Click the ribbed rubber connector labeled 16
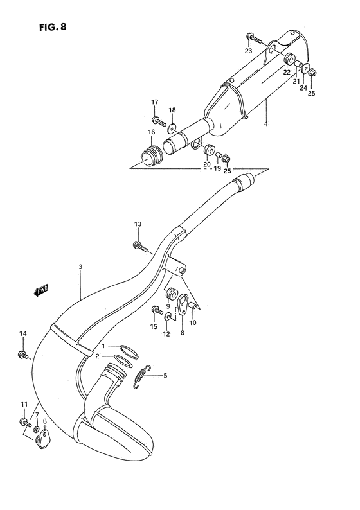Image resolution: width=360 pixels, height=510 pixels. [150, 156]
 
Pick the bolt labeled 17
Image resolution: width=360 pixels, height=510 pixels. [157, 119]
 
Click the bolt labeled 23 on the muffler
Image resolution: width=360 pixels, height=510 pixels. [255, 40]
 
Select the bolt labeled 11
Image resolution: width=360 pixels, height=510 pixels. [25, 423]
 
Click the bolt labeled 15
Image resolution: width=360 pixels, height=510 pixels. [155, 310]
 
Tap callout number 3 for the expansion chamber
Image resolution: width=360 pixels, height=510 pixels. [80, 267]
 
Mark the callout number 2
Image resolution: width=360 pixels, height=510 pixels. [97, 356]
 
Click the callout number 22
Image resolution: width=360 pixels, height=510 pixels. [287, 72]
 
